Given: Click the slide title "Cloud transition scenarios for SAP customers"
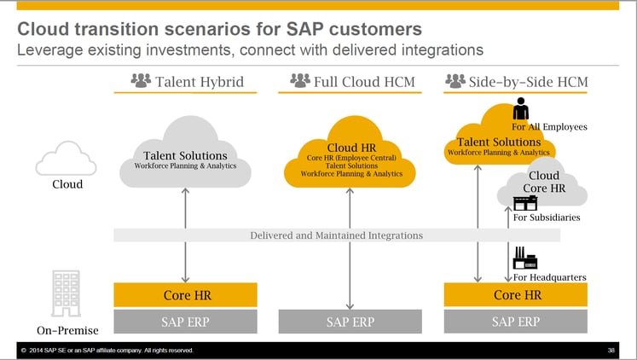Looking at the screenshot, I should [x=220, y=27].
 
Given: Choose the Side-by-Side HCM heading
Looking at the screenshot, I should [x=528, y=82].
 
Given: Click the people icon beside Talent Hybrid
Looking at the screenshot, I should [x=141, y=81].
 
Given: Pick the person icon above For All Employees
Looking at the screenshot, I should [x=520, y=109].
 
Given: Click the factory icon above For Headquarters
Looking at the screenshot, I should [x=523, y=257].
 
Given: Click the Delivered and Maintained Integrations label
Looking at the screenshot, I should [x=336, y=235].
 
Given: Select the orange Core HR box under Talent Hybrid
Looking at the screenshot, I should [x=186, y=295].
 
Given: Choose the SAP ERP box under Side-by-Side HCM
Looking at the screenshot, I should [x=516, y=322].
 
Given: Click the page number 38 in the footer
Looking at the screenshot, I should [x=611, y=351].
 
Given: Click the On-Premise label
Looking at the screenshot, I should [x=68, y=330].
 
